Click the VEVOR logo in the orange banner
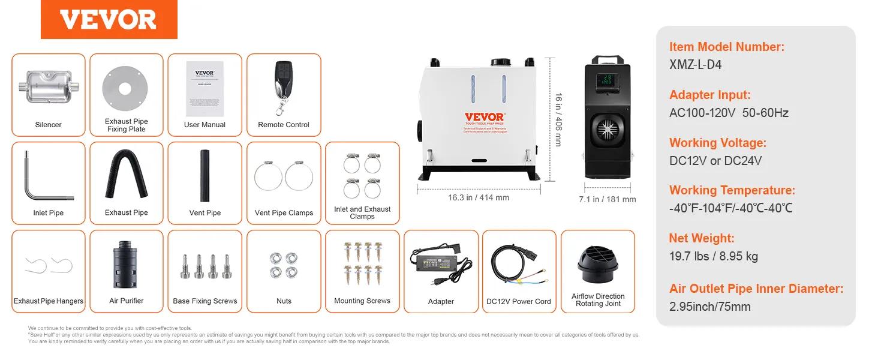point(109,20)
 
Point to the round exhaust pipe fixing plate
point(125,89)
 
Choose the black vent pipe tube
point(205,176)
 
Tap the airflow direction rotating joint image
point(597,265)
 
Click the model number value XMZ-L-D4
point(695,65)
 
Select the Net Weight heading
point(702,238)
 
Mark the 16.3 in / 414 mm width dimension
point(478,197)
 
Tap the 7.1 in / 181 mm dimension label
point(607,199)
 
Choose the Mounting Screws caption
point(362,301)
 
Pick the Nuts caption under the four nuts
point(284,301)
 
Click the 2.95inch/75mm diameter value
point(710,307)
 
